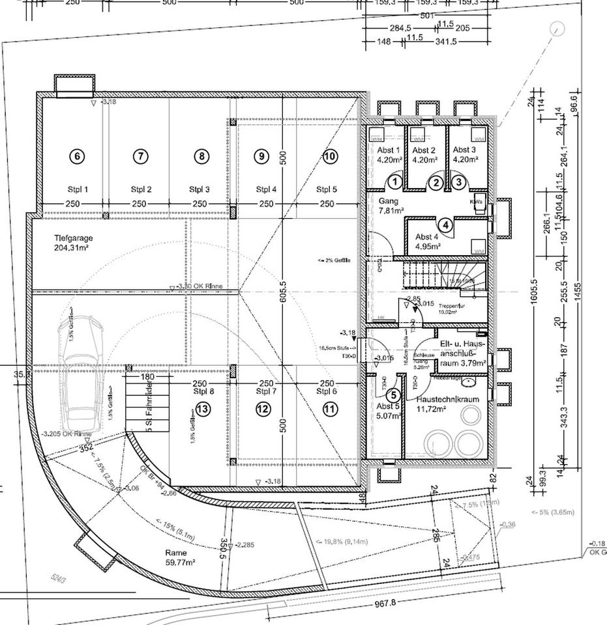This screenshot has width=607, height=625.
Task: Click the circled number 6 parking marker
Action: (x=77, y=156)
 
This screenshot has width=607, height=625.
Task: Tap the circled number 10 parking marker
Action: (x=329, y=156)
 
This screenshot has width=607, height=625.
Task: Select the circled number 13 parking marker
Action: (x=203, y=409)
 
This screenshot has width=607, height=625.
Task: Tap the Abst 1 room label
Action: (x=389, y=154)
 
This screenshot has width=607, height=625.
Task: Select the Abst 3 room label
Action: (x=466, y=154)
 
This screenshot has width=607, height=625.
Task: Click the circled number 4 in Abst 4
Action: (x=445, y=226)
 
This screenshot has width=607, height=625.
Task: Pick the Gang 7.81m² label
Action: (x=389, y=206)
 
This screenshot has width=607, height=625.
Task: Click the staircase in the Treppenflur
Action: (x=443, y=273)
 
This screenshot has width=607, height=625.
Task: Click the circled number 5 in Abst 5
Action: (x=392, y=395)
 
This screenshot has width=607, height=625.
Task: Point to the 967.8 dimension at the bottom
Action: (x=385, y=603)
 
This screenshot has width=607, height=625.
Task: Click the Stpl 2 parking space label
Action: (x=141, y=190)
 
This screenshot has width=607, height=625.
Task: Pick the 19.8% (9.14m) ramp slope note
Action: (x=342, y=542)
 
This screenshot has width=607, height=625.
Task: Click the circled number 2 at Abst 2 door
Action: (x=437, y=184)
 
